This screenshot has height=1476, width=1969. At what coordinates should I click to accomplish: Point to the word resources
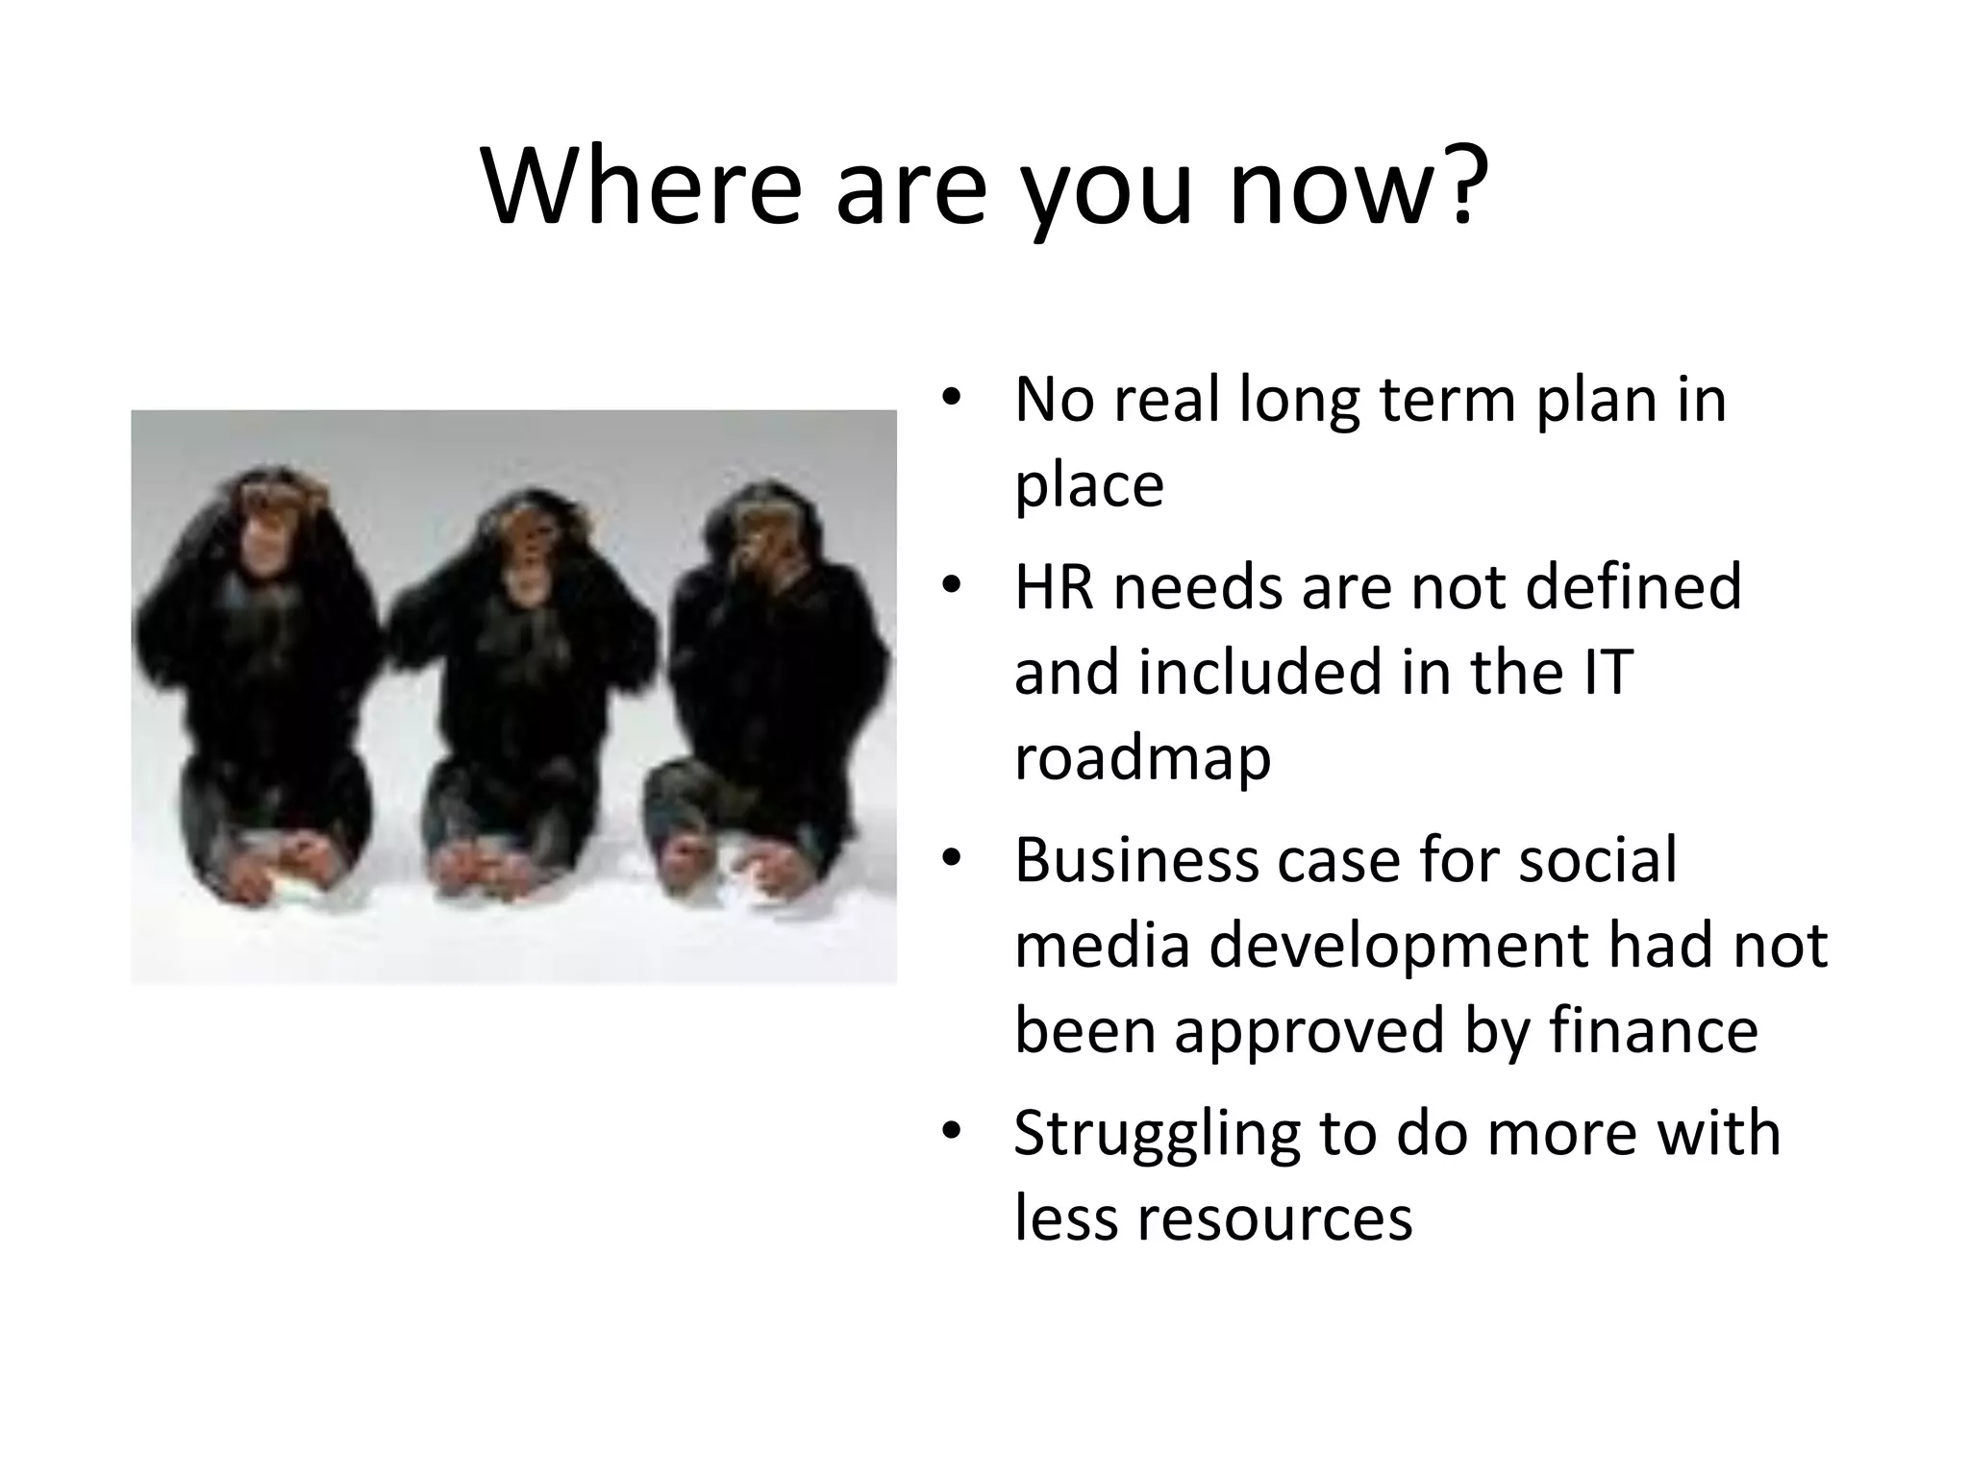click(x=1274, y=1218)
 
